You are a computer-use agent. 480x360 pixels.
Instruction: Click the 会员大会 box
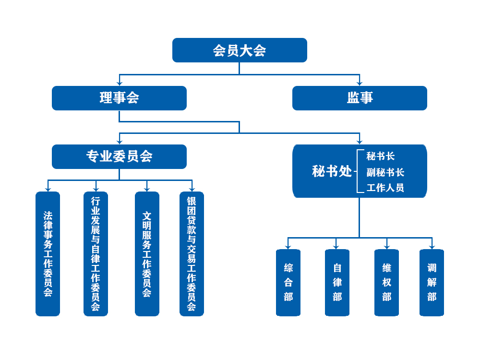click(240, 50)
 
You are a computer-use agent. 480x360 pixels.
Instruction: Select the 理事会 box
click(119, 98)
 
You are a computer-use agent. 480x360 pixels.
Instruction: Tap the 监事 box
click(360, 98)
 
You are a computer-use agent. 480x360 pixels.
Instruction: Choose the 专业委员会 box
click(119, 156)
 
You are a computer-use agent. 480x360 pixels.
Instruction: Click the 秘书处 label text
click(332, 171)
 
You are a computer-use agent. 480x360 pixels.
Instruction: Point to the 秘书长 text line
click(381, 156)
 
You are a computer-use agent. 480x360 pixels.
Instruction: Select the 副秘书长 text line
click(385, 172)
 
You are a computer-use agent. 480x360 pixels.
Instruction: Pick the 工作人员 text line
click(385, 188)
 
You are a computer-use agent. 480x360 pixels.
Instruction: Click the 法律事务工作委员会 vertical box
click(48, 253)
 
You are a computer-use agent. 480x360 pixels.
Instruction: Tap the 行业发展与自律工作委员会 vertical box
click(96, 253)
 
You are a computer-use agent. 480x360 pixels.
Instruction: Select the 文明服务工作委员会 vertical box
click(147, 253)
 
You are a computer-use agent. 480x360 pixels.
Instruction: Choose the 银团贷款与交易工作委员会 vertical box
click(192, 253)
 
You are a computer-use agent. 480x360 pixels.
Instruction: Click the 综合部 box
click(288, 282)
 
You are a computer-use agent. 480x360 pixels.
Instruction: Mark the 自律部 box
click(337, 282)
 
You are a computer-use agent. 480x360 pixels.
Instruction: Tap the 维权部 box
click(386, 282)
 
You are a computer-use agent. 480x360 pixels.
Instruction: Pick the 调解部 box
click(432, 282)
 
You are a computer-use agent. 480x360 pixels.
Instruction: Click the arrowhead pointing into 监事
click(360, 84)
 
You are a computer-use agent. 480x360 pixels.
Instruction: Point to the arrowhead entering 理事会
click(120, 84)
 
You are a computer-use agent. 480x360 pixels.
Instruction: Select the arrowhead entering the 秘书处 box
click(360, 142)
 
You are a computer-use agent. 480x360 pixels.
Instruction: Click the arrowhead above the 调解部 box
click(432, 247)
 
